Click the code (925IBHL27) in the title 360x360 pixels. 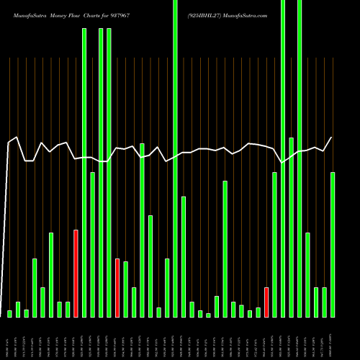(209, 14)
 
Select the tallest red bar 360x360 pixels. (76, 274)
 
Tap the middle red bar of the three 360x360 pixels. (117, 288)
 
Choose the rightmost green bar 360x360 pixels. (333, 245)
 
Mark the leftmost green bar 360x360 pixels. (9, 314)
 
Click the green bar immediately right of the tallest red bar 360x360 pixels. (84, 173)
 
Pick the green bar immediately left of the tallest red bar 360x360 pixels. (68, 310)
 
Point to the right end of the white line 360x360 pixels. (332, 138)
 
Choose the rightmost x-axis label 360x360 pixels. (333, 338)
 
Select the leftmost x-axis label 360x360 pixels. (6, 338)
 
